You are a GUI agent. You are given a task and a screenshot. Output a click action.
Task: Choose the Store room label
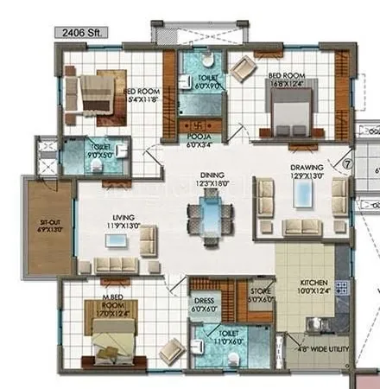click(262, 295)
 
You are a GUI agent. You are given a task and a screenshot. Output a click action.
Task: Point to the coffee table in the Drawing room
click(303, 196)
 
